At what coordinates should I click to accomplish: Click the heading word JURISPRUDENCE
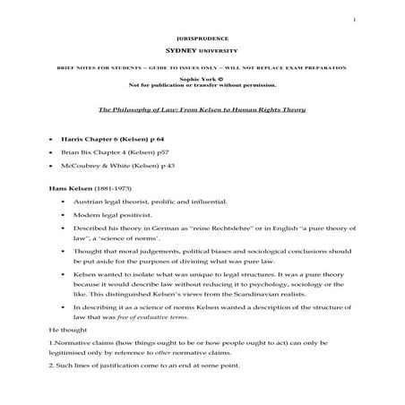point(202,41)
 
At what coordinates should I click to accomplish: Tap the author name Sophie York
point(198,79)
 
